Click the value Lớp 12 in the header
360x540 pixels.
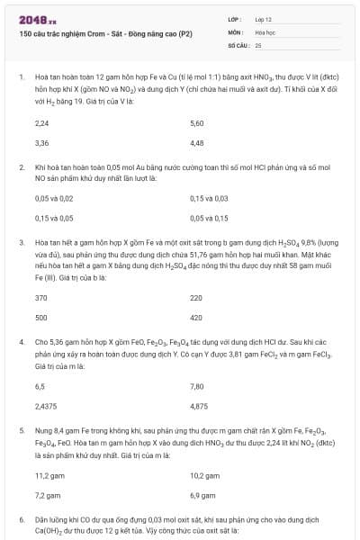coord(264,18)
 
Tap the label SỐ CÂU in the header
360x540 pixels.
coord(238,44)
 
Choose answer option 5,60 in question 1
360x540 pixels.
coord(197,123)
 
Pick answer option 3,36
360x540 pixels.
coord(41,142)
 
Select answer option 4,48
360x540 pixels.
coord(197,142)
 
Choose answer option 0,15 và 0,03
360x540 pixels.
coord(210,198)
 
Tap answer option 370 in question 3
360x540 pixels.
coord(40,298)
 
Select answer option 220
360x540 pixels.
coord(196,298)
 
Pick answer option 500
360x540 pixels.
coord(40,318)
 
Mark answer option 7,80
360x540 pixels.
coord(197,385)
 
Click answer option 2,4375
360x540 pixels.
coord(45,405)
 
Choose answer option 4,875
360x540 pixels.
coord(199,405)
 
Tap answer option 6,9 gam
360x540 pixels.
coord(202,495)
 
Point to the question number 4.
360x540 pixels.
coord(21,343)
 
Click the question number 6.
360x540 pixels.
coord(21,520)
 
